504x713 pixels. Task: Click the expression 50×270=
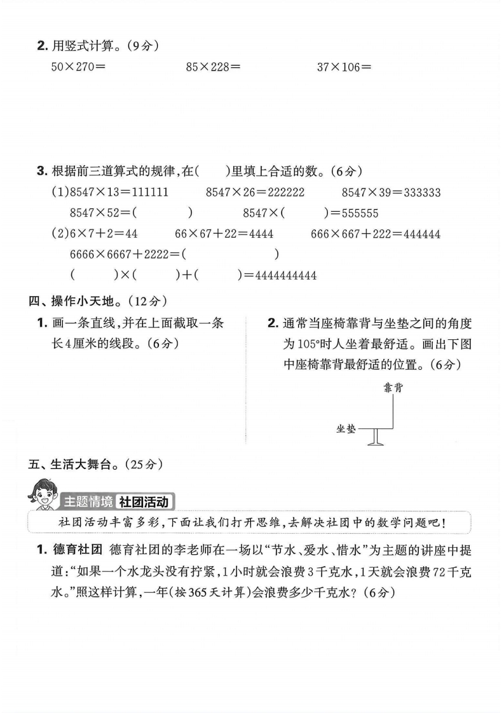point(78,66)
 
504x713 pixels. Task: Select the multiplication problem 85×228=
point(213,66)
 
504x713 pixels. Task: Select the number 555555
point(359,214)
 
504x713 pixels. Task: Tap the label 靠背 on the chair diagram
point(393,388)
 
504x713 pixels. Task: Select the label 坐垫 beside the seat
point(346,429)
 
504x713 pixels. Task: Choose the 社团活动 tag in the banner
point(146,501)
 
